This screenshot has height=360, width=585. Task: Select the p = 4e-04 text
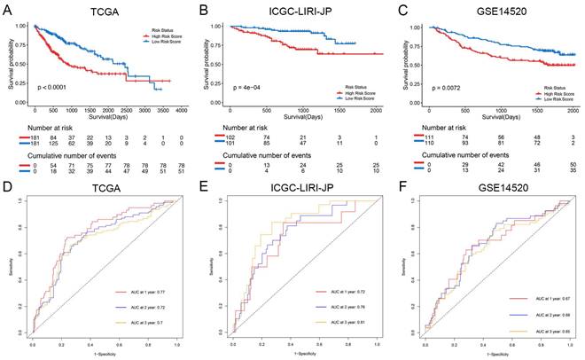click(246, 90)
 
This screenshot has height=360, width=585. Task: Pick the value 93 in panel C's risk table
click(467, 145)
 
